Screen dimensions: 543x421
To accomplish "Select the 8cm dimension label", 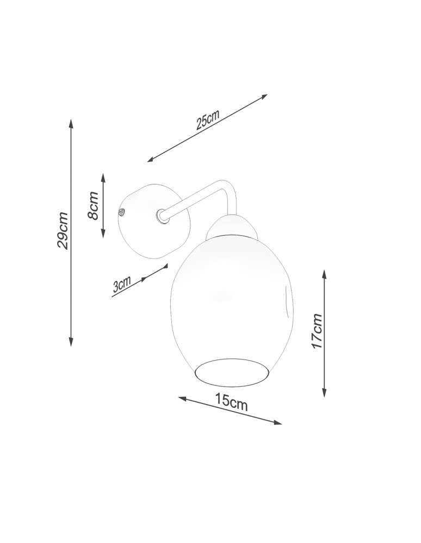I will (94, 206).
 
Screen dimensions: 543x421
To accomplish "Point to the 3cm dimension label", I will (121, 285).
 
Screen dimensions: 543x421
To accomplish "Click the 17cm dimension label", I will (317, 331).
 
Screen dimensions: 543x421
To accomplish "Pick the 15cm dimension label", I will (231, 402).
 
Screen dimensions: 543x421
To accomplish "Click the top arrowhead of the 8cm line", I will (103, 178).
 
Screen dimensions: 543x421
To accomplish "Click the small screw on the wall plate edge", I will (122, 212).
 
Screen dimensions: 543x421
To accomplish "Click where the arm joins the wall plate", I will (162, 216).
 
